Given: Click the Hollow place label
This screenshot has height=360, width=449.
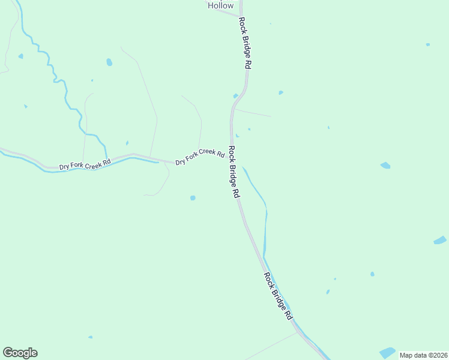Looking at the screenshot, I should tap(220, 5).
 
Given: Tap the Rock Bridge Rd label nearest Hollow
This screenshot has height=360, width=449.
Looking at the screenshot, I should tap(244, 43).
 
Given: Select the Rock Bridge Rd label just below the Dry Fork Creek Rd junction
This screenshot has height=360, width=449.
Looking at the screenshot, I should tap(234, 173).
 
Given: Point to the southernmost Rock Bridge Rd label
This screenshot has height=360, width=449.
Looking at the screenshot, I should tap(280, 296).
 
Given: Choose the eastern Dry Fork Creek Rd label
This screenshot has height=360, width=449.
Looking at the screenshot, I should tap(200, 158).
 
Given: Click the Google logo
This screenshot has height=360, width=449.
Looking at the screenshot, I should tap(20, 353).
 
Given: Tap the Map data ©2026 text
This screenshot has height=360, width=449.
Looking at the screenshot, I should tap(424, 355).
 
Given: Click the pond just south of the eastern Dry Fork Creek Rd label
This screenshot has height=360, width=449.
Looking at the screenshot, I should tap(193, 197).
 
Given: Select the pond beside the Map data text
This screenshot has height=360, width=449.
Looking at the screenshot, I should tap(387, 352).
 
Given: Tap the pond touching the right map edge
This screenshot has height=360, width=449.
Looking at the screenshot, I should tap(440, 240).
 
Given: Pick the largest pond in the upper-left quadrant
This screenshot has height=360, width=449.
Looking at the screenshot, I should tap(109, 62).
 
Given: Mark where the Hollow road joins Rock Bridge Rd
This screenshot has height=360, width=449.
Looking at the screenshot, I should tap(240, 16).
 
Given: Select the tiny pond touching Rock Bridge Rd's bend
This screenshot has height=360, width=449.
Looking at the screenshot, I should tap(235, 96).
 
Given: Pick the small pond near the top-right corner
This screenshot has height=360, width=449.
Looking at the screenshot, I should tap(427, 44).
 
